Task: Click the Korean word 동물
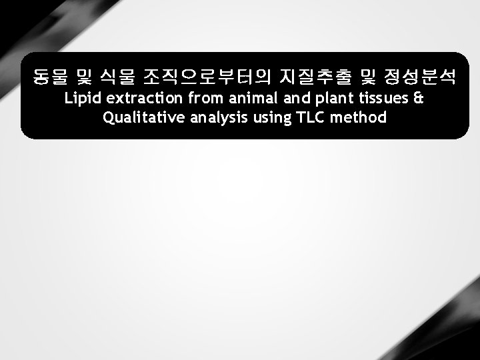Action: pyautogui.click(x=51, y=78)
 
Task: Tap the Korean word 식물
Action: pyautogui.click(x=116, y=78)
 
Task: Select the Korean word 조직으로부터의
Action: pyautogui.click(x=207, y=78)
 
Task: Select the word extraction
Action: pyautogui.click(x=145, y=99)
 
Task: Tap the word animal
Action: pyautogui.click(x=246, y=99)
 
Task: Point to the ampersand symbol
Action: pyautogui.click(x=419, y=99)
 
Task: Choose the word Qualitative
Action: pyautogui.click(x=139, y=118)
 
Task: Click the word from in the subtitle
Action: pyautogui.click(x=205, y=99)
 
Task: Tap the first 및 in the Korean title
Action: pyautogui.click(x=84, y=78)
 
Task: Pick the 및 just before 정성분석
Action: pyautogui.click(x=367, y=78)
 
